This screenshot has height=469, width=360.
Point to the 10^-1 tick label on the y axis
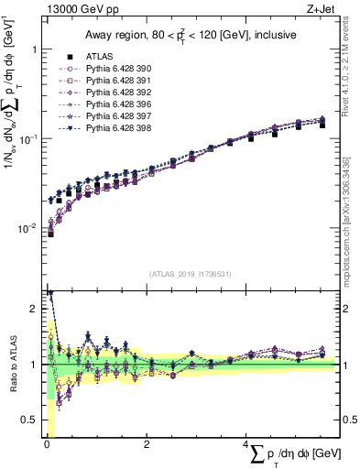click(x=27, y=139)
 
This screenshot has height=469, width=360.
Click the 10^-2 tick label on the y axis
click(x=27, y=228)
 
